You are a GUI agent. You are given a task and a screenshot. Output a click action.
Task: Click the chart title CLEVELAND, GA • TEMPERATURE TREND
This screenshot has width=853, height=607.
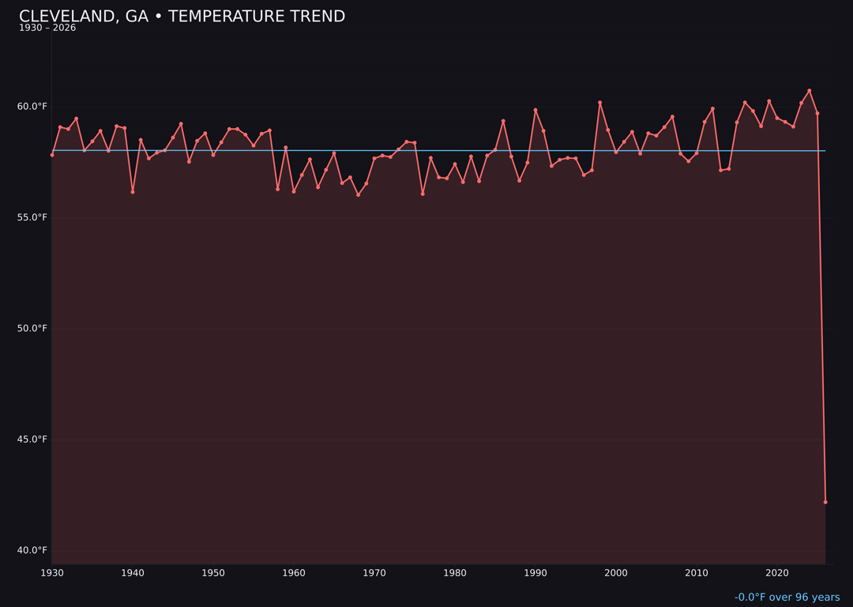182,17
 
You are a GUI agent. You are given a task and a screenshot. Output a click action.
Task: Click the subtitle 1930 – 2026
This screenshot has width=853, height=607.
47,28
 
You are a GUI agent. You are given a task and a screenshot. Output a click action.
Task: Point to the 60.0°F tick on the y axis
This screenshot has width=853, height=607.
32,107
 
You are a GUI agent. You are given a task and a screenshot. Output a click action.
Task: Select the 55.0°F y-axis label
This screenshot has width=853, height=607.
32,217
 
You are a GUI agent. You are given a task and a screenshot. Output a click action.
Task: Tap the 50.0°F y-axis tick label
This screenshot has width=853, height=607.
32,328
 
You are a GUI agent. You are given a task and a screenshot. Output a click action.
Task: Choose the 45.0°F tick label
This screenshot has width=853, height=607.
32,439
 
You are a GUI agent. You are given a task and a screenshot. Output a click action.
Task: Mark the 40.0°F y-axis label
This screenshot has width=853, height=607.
32,550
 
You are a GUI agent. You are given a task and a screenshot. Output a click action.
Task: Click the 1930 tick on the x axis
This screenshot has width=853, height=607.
52,573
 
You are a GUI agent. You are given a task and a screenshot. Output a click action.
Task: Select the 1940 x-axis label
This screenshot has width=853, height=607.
133,573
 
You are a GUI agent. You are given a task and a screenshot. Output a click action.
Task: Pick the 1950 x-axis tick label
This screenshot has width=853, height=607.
213,573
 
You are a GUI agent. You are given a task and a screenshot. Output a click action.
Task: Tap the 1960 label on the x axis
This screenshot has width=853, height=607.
294,573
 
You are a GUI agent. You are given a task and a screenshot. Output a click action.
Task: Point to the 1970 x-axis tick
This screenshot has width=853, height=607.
374,573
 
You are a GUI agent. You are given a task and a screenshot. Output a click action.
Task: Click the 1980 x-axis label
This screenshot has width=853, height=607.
455,573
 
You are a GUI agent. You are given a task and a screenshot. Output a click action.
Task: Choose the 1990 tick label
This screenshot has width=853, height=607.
535,573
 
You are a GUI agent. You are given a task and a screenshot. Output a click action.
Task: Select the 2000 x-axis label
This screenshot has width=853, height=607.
616,573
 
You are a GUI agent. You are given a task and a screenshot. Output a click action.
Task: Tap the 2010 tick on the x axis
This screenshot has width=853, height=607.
697,573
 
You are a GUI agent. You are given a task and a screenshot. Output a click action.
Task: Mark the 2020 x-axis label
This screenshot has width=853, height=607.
777,573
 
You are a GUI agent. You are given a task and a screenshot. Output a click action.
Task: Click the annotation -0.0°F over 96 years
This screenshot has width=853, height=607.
787,598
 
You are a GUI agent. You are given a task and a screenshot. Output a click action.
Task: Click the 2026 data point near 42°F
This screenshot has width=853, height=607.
825,502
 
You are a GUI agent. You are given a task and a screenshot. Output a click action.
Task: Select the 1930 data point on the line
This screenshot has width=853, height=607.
52,155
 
